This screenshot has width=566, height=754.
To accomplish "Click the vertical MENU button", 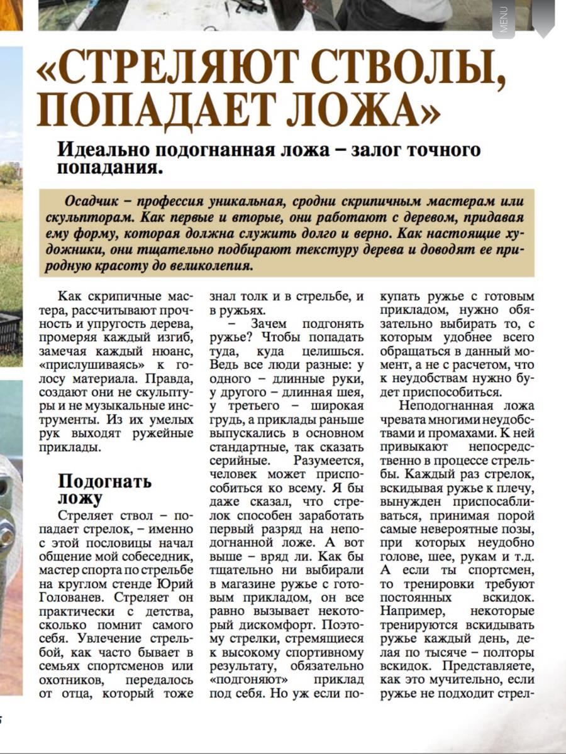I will (x=503, y=19).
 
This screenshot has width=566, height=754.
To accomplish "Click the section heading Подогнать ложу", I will (x=104, y=490).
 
